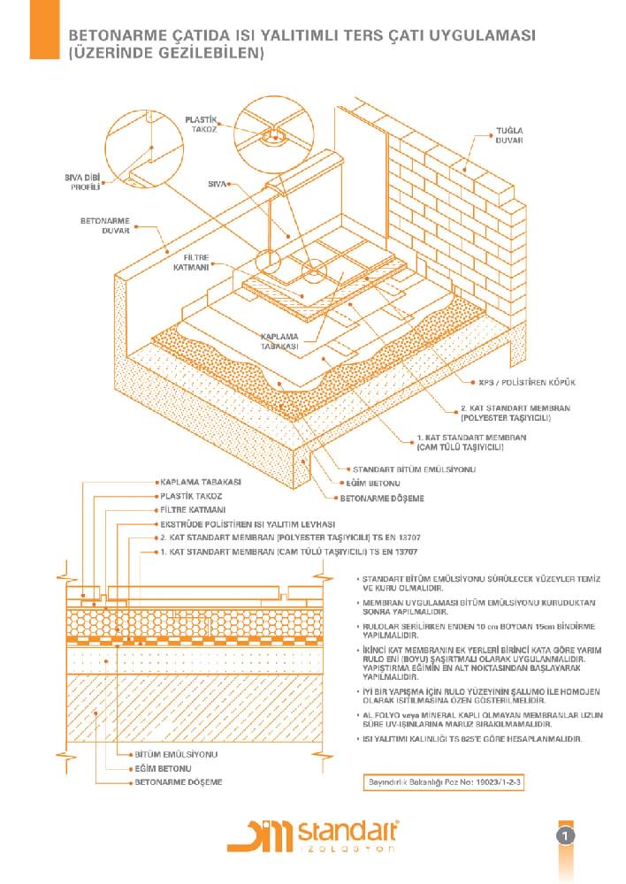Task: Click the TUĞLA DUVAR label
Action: [x=509, y=135]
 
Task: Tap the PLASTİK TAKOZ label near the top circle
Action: [x=201, y=125]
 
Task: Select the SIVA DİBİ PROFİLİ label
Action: [x=82, y=182]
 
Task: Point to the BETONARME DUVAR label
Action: [x=105, y=225]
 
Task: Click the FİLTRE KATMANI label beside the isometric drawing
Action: [x=191, y=263]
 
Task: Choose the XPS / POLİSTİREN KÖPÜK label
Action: [x=527, y=382]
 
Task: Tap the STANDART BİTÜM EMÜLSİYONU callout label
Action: [x=414, y=469]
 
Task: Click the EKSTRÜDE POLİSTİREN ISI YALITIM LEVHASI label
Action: [x=248, y=524]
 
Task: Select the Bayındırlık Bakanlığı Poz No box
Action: [x=444, y=782]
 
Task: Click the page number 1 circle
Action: [x=566, y=835]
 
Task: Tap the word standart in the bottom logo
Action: [x=347, y=832]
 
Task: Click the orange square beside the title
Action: [x=44, y=29]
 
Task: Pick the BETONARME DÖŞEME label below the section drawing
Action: [x=179, y=782]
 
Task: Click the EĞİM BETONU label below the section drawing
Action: [x=163, y=768]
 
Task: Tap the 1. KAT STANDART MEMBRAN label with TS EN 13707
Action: [x=289, y=552]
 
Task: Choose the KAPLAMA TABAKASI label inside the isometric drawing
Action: [x=279, y=341]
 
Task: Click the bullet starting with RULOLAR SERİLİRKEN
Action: [x=477, y=631]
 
